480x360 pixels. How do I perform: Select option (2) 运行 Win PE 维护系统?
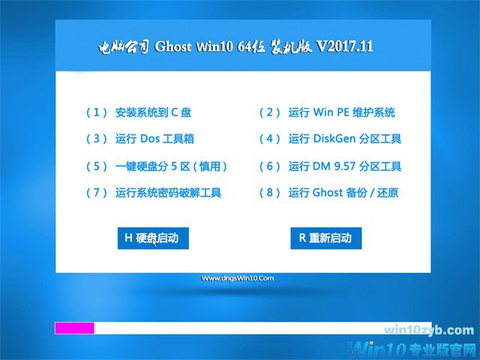327,112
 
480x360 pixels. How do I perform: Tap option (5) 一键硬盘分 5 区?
157,166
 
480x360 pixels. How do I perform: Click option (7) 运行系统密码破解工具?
154,193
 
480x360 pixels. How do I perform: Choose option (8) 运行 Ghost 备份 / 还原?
328,193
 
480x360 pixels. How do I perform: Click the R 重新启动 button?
325,238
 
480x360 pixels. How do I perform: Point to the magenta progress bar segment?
74,328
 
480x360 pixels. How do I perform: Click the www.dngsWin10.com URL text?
238,278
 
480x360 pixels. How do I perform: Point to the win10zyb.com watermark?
428,331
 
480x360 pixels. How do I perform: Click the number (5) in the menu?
97,166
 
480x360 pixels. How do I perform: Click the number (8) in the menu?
269,193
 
